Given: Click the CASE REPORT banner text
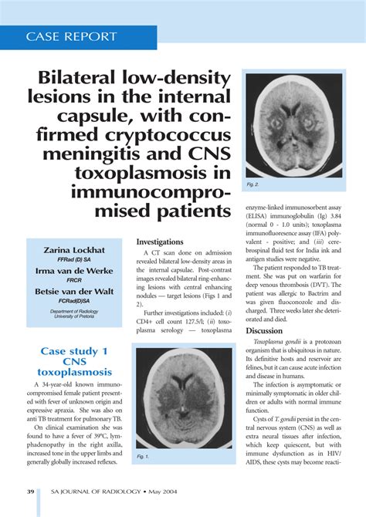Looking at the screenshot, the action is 72,36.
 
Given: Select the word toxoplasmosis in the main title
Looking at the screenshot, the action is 159,171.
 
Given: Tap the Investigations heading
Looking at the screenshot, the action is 159,242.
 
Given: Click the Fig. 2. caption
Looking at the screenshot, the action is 253,185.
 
